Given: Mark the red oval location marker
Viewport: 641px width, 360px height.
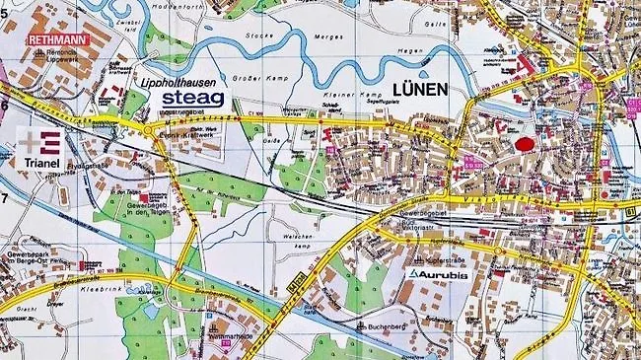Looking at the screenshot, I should point(525,143).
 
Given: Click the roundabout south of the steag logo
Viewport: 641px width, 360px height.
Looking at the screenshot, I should point(148,129).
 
